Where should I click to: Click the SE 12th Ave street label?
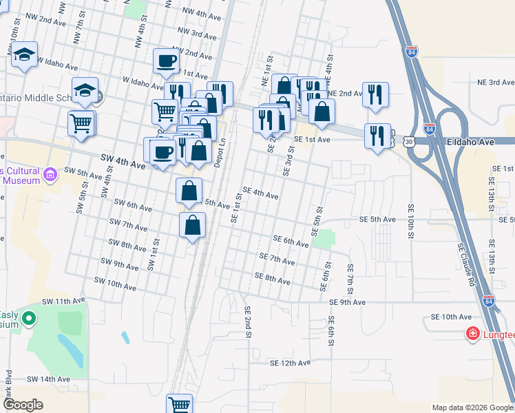tap(290, 363)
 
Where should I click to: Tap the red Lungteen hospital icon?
tap(473, 335)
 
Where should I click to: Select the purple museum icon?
tap(50, 176)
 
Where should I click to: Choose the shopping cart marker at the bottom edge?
tap(180, 404)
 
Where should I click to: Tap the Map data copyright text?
tap(472, 407)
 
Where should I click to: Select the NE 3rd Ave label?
tap(496, 82)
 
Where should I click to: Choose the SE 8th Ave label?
tap(272, 278)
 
